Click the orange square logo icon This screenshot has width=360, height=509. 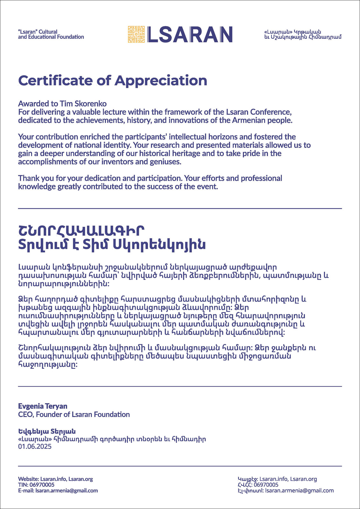136,34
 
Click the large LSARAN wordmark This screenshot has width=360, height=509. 190,34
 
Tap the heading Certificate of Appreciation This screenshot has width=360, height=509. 113,80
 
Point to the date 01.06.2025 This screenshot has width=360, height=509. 35,446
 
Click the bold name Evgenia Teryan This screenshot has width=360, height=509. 43,406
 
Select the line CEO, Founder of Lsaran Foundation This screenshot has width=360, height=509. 74,415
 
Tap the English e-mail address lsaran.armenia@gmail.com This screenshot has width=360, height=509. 67,491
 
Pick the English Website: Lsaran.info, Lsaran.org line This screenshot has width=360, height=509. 55,479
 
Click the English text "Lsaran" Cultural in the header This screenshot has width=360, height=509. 38,32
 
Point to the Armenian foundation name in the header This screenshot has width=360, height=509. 302,34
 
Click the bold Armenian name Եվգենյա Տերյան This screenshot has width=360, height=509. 47,432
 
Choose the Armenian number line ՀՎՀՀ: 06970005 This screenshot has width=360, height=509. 258,485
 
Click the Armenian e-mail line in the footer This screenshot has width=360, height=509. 286,491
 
